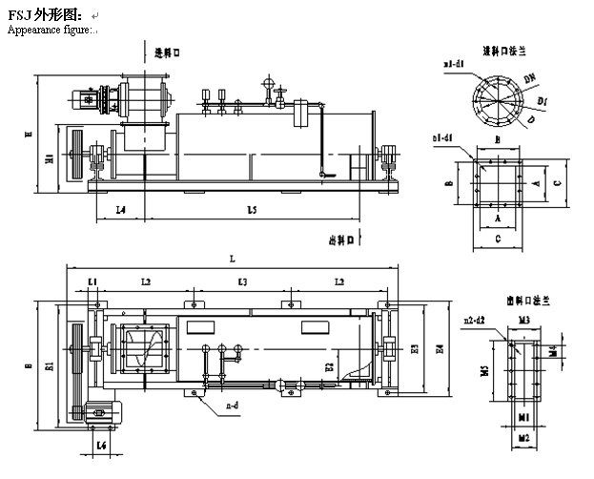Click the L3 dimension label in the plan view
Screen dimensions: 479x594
click(x=242, y=282)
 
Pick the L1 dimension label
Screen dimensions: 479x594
click(x=92, y=282)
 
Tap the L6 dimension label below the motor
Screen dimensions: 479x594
click(x=103, y=446)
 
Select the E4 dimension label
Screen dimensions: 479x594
click(x=439, y=349)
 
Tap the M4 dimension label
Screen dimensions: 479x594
click(x=555, y=349)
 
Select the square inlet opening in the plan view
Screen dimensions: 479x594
click(x=143, y=349)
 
